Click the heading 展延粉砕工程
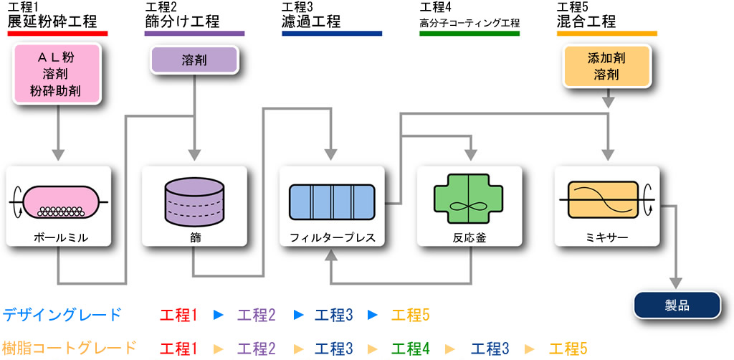pos(52,22)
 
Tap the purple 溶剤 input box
pos(194,60)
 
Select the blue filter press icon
pos(332,202)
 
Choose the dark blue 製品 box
pos(677,305)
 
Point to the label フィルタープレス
pos(332,237)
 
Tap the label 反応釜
pos(470,237)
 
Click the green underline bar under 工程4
pos(470,34)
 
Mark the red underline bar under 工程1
pos(57,34)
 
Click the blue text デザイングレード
pos(62,315)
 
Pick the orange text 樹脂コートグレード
pos(70,348)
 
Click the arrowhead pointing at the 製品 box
pos(677,284)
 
